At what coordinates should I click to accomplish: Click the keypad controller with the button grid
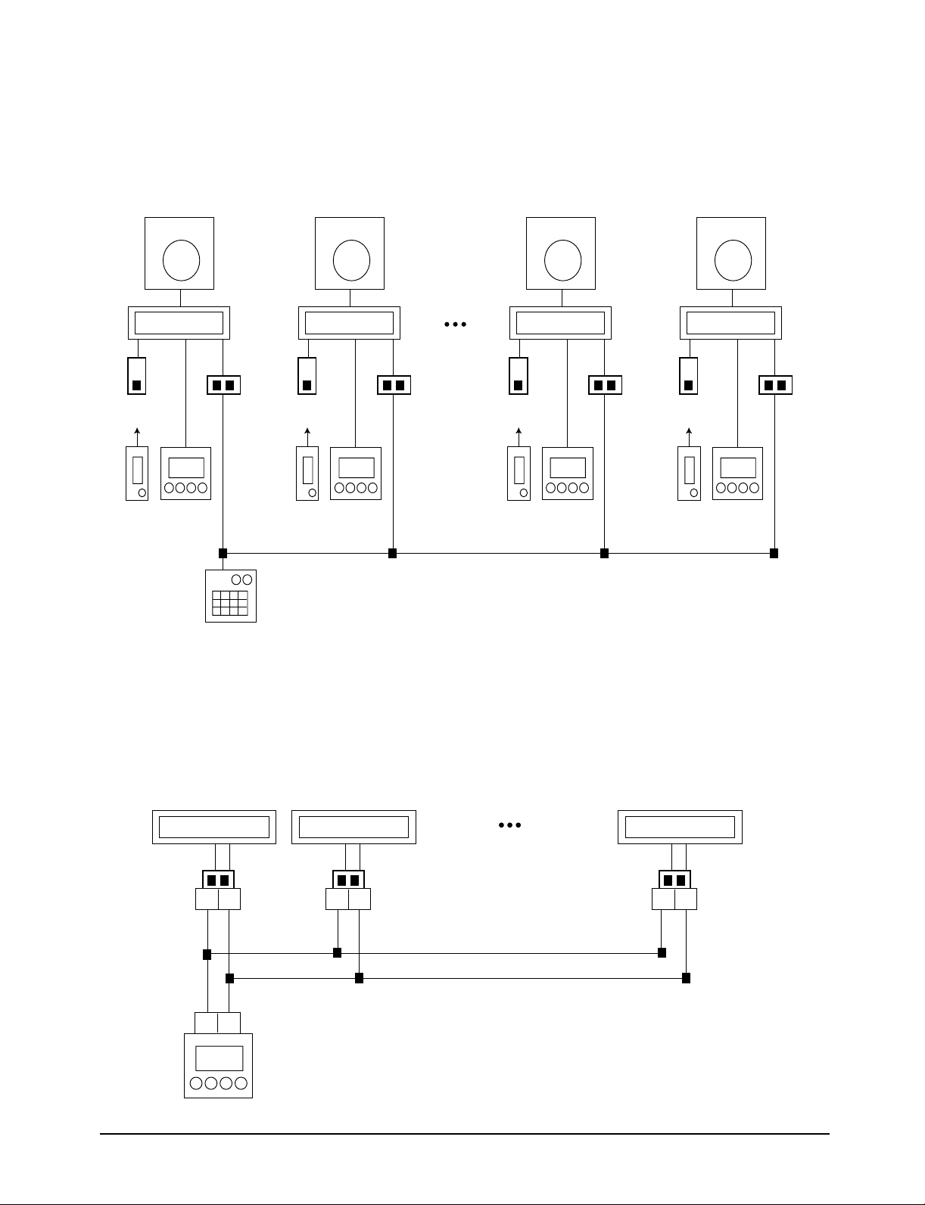(231, 596)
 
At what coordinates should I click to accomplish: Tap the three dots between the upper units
(455, 324)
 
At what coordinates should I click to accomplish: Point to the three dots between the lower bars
(509, 825)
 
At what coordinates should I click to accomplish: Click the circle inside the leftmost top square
(181, 259)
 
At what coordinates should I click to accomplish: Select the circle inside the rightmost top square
(733, 259)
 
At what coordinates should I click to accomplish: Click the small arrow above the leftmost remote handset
(136, 434)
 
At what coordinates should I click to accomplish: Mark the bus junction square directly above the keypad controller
(223, 553)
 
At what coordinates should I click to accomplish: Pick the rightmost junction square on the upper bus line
(774, 553)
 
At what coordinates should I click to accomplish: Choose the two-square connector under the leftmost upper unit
(223, 385)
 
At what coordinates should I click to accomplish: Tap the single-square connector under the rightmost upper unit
(688, 377)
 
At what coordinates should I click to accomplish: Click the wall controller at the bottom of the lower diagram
(218, 1065)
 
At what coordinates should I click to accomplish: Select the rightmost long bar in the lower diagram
(680, 827)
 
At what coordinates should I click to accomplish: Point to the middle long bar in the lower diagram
(353, 827)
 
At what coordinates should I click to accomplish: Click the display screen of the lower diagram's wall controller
(219, 1057)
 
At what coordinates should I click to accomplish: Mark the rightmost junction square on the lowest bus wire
(686, 978)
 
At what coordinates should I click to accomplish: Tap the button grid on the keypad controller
(230, 603)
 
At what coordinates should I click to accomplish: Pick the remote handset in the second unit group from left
(307, 474)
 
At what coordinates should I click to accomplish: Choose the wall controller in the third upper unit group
(568, 474)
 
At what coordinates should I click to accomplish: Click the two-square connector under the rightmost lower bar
(674, 880)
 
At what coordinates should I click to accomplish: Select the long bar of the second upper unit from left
(349, 323)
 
